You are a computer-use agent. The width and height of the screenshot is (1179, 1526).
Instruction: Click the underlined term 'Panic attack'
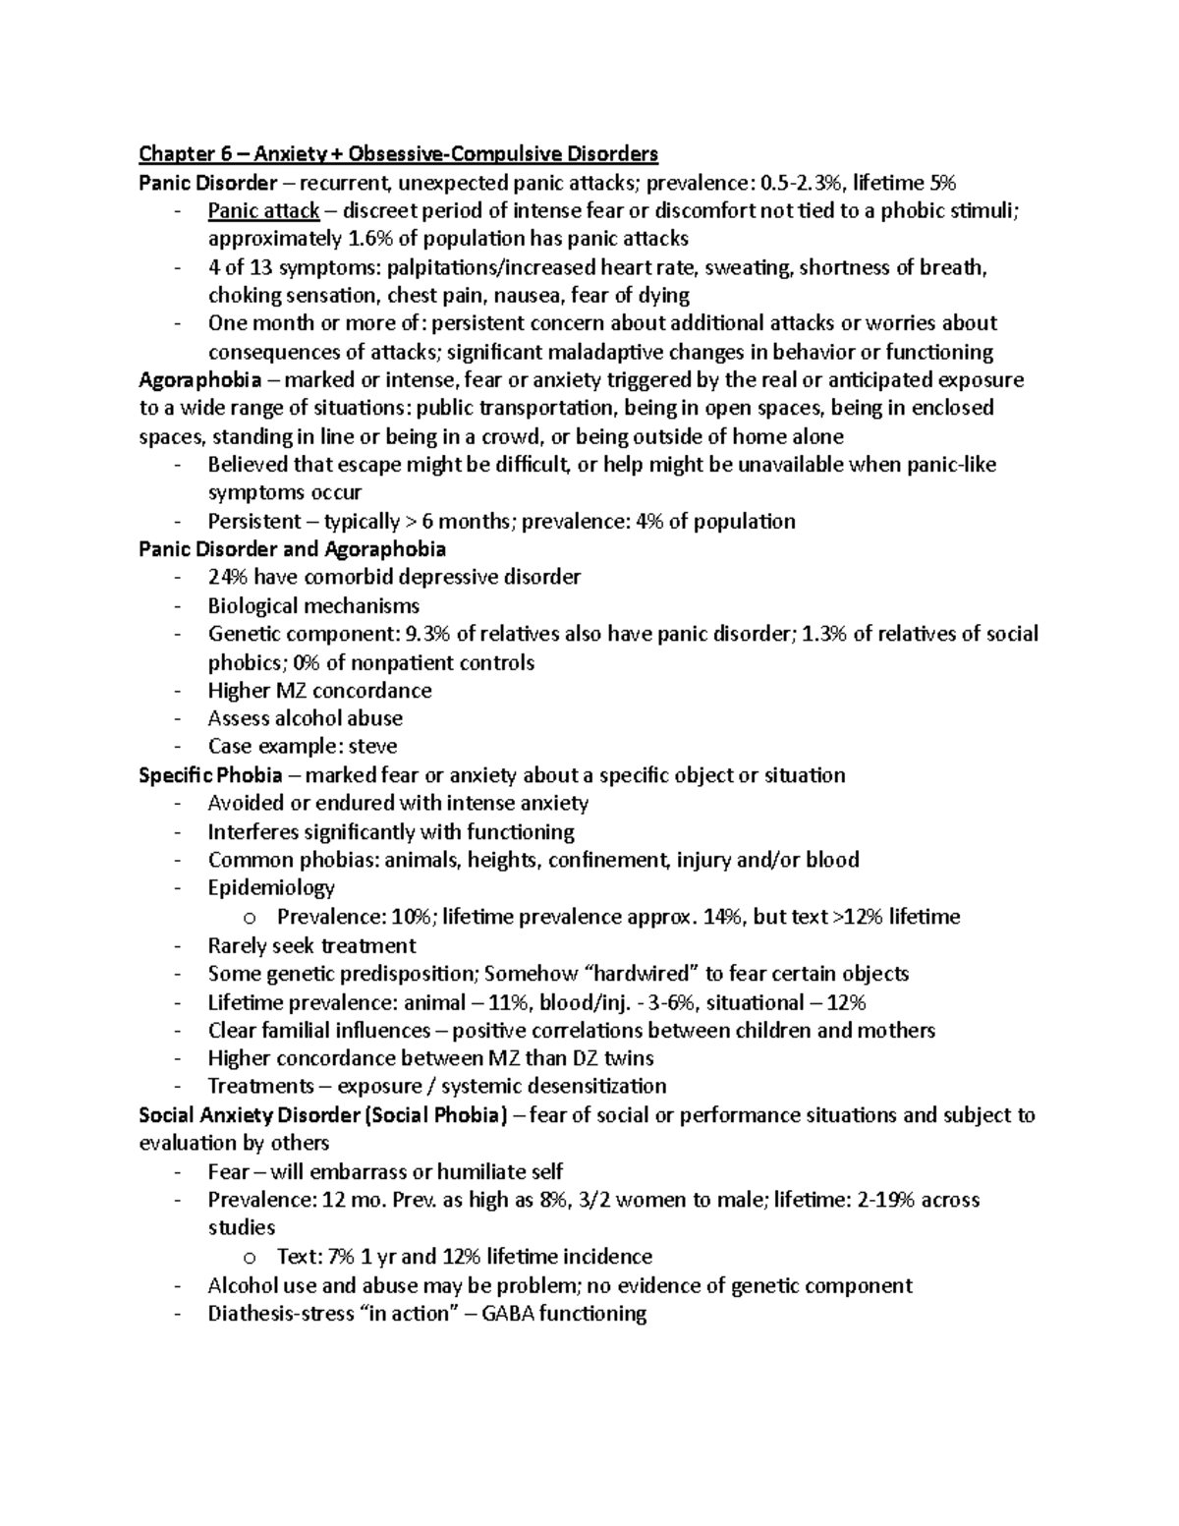(x=263, y=211)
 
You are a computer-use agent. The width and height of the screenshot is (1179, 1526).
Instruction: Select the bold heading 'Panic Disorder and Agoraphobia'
(x=292, y=549)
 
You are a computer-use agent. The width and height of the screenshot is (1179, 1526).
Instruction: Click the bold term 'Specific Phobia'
(x=210, y=775)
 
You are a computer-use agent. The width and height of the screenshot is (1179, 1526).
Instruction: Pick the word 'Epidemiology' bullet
(x=271, y=888)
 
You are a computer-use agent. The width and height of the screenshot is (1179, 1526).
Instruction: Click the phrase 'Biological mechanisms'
(x=313, y=606)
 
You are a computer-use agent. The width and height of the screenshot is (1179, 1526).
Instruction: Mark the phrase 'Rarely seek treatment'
(x=311, y=946)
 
